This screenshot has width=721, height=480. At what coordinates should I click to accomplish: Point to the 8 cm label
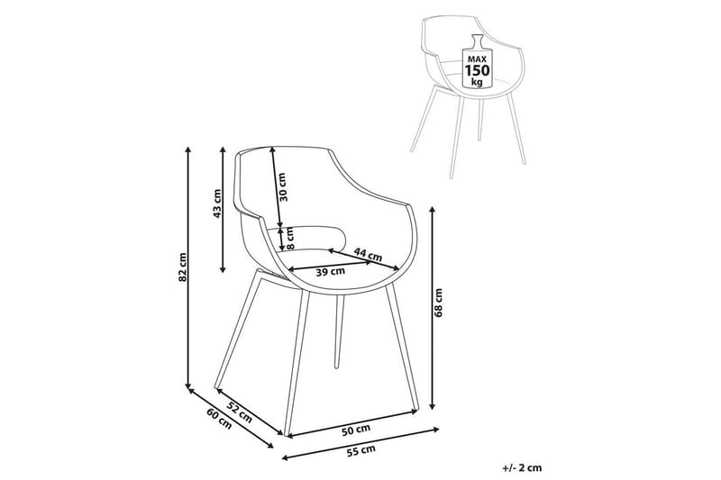click(290, 238)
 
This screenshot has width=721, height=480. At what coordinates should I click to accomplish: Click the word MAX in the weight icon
click(477, 56)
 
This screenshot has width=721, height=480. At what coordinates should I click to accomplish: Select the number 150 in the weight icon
click(477, 69)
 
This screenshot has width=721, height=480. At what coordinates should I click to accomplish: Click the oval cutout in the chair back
click(320, 238)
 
